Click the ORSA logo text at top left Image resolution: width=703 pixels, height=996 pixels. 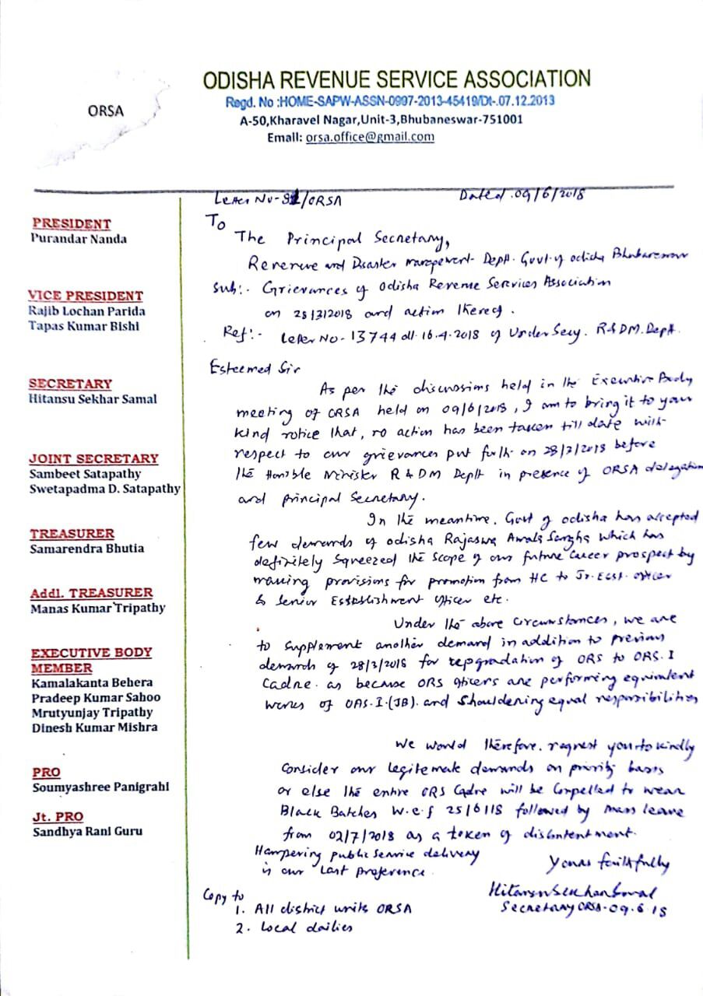pyautogui.click(x=106, y=110)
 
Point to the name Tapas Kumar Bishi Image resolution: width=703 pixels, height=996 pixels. pyautogui.click(x=84, y=326)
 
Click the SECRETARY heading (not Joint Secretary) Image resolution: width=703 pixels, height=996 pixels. pyautogui.click(x=70, y=384)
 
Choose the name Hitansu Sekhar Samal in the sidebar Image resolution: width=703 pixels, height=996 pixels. pyautogui.click(x=93, y=398)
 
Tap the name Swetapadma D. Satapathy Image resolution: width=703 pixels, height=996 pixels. pyautogui.click(x=104, y=489)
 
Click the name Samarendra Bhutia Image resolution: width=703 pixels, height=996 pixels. pyautogui.click(x=86, y=548)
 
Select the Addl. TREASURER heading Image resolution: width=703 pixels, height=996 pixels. pyautogui.click(x=91, y=593)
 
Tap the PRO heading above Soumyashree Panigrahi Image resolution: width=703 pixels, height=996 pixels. pyautogui.click(x=47, y=772)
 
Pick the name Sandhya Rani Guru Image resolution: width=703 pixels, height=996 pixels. pyautogui.click(x=87, y=831)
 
